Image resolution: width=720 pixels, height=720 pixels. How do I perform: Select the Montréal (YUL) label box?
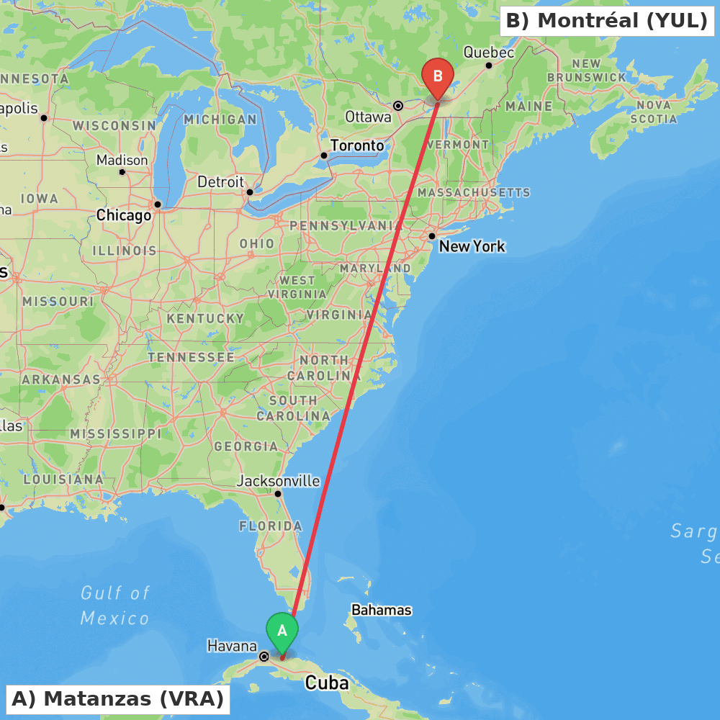[x=607, y=21]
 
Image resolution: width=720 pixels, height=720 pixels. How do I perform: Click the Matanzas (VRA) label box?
[x=117, y=698]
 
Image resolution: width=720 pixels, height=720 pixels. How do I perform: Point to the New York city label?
[x=472, y=246]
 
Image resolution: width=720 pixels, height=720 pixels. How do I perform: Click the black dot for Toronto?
[x=324, y=156]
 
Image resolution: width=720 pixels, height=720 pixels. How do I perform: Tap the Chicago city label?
[x=124, y=215]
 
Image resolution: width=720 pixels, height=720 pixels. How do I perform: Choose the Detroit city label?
[x=221, y=182]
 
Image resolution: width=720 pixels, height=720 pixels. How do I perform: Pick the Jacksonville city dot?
[x=278, y=493]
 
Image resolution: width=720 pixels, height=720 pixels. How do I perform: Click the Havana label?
[x=232, y=646]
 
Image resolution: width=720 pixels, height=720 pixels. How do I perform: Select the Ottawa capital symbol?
[x=398, y=105]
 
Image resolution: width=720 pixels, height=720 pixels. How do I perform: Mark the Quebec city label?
[x=489, y=53]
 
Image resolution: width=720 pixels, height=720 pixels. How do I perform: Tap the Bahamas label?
[x=382, y=610]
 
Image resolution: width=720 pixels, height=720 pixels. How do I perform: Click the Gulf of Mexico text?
[x=115, y=606]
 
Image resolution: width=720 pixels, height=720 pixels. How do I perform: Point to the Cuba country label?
[x=327, y=683]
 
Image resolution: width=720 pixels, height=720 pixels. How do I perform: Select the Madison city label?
[x=122, y=160]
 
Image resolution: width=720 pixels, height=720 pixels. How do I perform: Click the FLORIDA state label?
[x=271, y=526]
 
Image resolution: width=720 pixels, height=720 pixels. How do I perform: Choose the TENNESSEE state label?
[x=191, y=357]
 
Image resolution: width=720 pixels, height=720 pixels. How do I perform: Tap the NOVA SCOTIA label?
[x=654, y=112]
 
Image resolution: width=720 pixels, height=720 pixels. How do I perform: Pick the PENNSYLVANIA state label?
[x=346, y=225]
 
